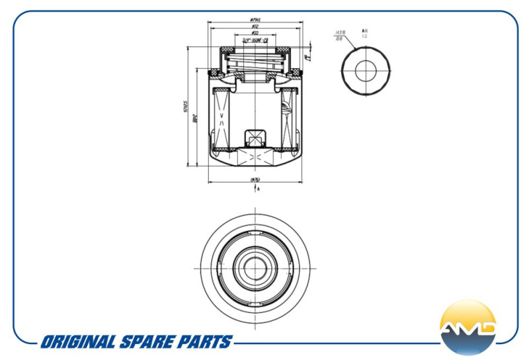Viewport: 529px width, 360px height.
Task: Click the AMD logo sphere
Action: pos(468,328)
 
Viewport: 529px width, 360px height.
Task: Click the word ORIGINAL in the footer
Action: pos(77,342)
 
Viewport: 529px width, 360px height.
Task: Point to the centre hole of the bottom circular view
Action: pos(255,267)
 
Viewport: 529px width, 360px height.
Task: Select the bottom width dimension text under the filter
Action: pos(255,179)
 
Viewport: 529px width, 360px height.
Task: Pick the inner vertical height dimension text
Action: pos(196,119)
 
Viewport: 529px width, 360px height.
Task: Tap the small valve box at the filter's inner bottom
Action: pos(255,138)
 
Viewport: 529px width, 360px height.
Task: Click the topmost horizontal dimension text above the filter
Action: pos(255,19)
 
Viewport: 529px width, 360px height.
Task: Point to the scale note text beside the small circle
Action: pos(365,33)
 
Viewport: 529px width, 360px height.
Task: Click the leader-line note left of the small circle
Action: pos(340,34)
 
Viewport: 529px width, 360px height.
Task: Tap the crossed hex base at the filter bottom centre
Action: pos(255,157)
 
